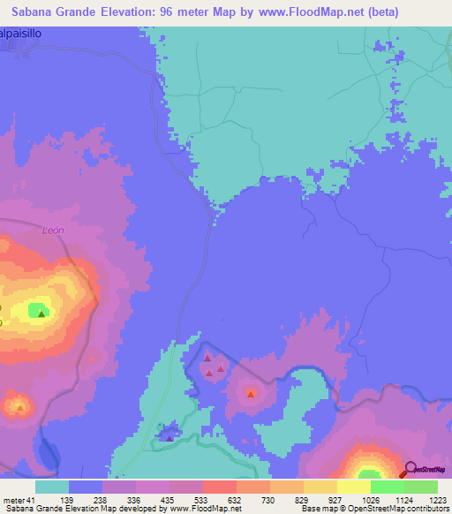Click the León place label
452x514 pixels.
click(x=53, y=230)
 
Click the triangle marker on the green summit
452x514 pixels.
click(x=41, y=312)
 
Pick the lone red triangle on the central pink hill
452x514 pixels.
click(x=252, y=393)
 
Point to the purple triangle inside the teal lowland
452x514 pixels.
click(x=169, y=437)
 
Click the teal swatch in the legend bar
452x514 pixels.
click(x=52, y=487)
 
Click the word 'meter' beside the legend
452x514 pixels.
click(x=13, y=500)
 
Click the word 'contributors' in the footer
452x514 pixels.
click(x=428, y=509)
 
